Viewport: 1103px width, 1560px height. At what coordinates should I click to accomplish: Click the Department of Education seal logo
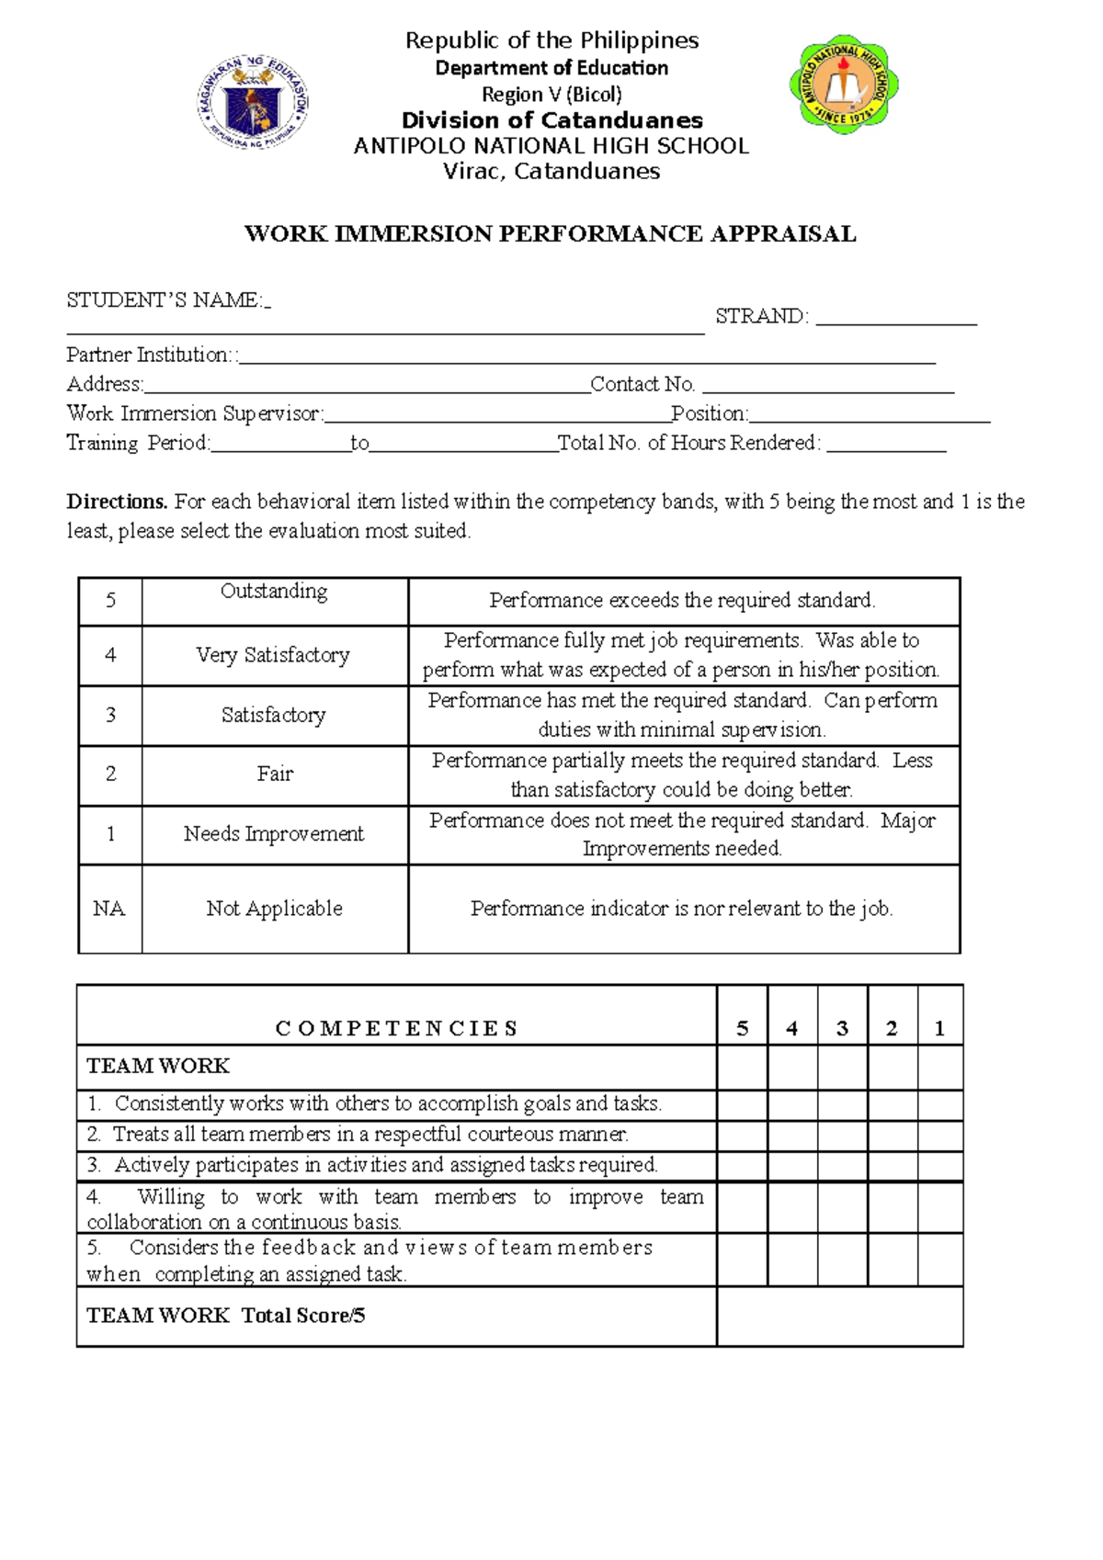253,101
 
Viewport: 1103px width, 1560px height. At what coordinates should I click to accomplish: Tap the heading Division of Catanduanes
551,120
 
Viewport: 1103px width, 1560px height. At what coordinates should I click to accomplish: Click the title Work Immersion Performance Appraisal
550,234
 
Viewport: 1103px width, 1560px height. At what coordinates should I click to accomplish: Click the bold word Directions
117,502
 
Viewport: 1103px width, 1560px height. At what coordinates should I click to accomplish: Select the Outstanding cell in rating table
274,593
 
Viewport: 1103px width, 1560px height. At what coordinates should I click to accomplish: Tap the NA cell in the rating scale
109,909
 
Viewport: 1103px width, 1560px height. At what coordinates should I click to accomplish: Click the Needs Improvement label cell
274,834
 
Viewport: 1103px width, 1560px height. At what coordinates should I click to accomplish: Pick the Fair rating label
274,774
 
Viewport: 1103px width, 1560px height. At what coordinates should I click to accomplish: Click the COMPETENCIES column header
396,1028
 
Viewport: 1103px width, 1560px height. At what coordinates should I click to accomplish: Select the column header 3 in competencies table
842,1029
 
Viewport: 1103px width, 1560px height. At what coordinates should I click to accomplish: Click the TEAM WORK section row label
158,1066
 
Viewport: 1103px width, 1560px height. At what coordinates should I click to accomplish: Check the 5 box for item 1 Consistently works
742,1104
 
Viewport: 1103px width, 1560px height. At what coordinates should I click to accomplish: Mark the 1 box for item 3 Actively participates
939,1166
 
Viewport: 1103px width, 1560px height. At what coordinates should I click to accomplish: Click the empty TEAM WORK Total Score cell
839,1316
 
